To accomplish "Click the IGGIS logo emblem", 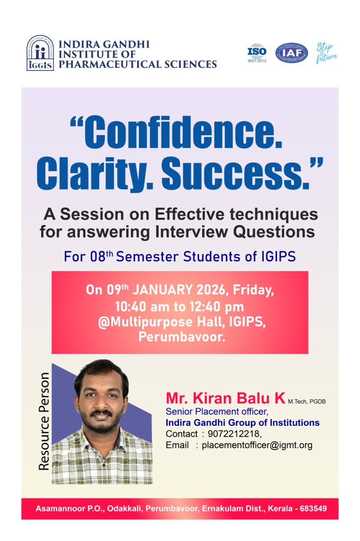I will click(x=40, y=53).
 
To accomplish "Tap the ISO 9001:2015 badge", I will click(x=257, y=53).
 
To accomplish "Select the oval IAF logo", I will click(x=292, y=53).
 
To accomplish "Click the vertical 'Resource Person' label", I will click(x=44, y=421).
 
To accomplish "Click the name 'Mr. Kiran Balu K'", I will click(x=225, y=398).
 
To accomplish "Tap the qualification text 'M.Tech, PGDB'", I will click(x=307, y=402).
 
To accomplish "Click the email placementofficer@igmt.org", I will click(x=257, y=445).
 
